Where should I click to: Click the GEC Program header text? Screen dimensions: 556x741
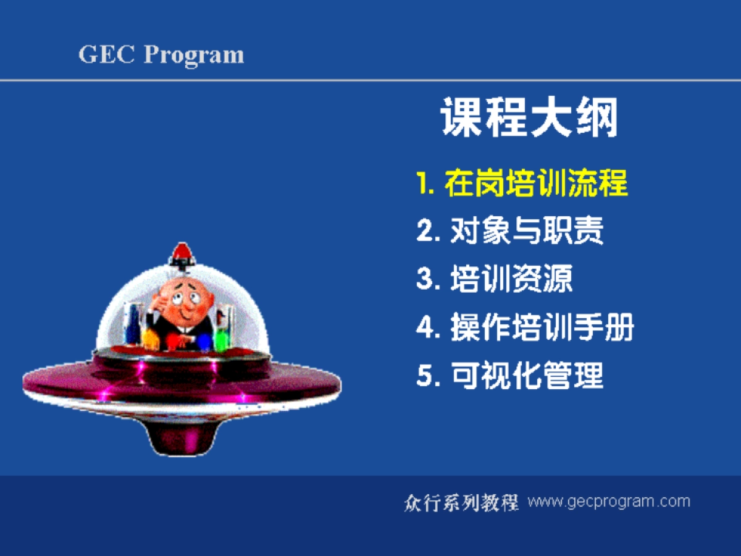pos(161,54)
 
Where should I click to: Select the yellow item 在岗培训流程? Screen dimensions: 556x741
pos(536,183)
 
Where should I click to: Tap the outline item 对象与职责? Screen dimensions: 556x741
pos(527,231)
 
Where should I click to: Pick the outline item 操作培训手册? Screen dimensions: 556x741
pos(542,327)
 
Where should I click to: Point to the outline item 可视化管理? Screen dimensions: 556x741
pos(527,375)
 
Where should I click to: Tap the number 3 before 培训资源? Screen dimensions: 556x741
pos(425,280)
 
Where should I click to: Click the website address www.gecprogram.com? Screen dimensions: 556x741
pos(609,501)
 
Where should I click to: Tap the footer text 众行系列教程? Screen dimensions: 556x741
pos(461,502)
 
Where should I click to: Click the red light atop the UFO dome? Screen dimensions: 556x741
pos(182,251)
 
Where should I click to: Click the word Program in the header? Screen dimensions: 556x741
pos(194,54)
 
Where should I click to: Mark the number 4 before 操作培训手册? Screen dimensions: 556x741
pos(425,328)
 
